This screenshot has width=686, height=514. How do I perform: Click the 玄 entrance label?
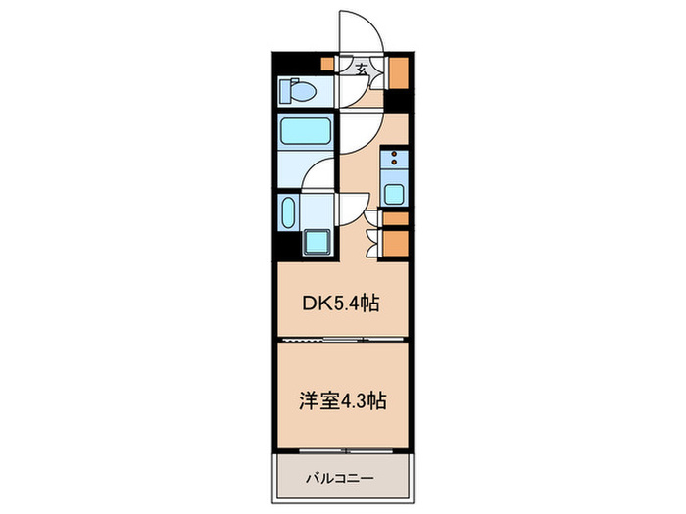[x=362, y=69]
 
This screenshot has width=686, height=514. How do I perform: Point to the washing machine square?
[x=317, y=241]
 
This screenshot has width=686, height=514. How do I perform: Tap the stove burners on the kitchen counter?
[x=394, y=161]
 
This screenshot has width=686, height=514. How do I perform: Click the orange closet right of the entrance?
[x=399, y=73]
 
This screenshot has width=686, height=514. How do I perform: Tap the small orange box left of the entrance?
[x=328, y=66]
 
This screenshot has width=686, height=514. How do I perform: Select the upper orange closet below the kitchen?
[x=396, y=219]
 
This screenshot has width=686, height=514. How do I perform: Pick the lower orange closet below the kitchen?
[x=396, y=243]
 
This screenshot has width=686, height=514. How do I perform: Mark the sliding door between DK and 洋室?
[x=340, y=339]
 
